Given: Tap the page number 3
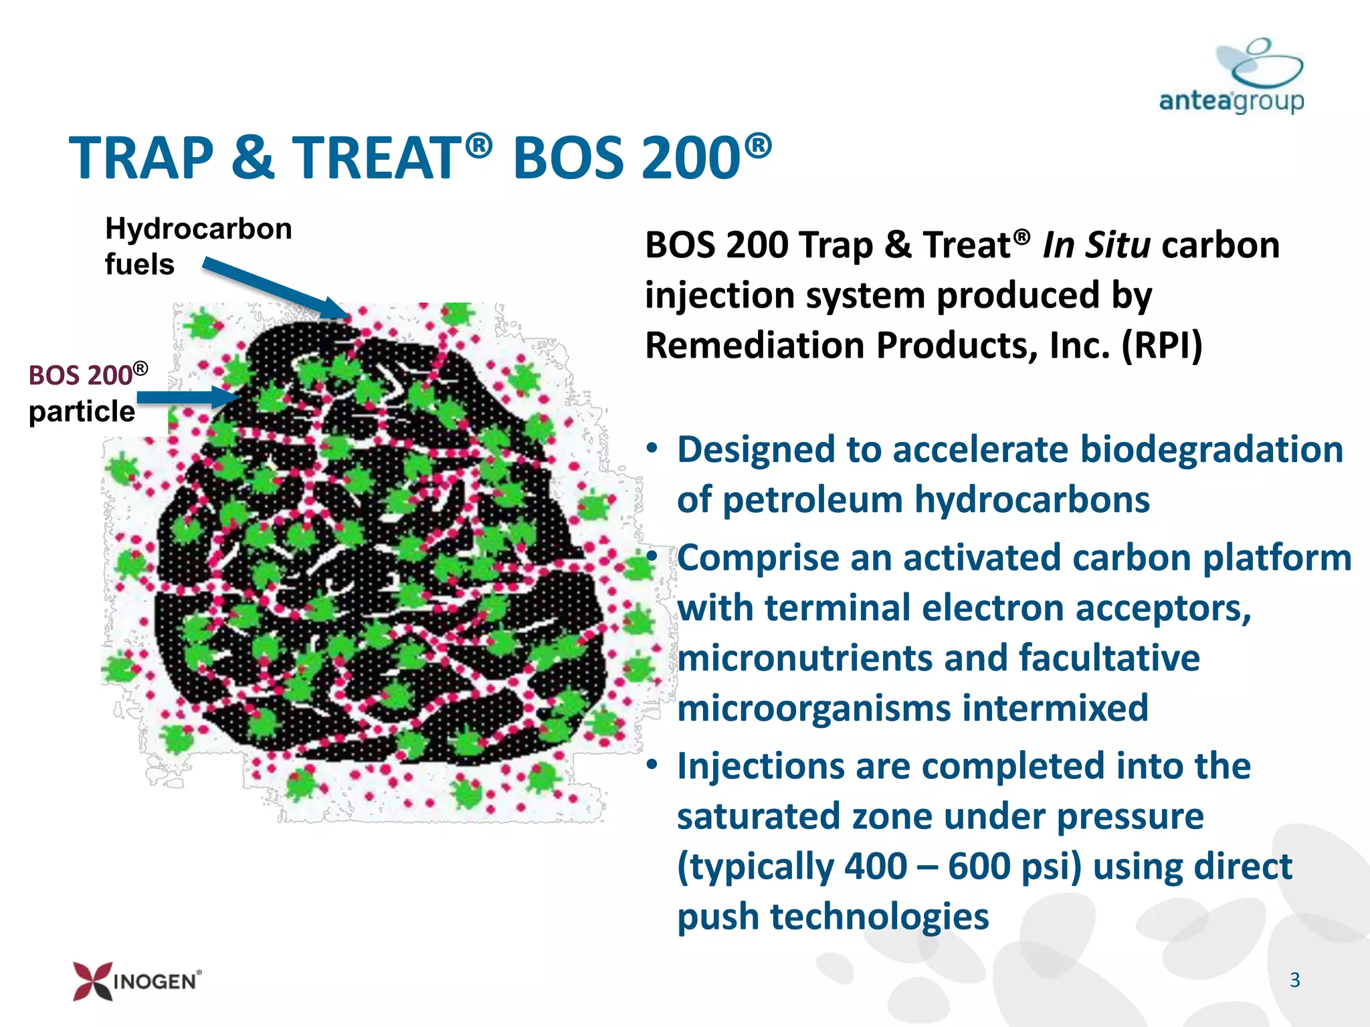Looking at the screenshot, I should click(x=1294, y=980).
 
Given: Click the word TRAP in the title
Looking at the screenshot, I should click(x=141, y=158).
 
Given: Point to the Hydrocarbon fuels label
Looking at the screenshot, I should click(x=198, y=246).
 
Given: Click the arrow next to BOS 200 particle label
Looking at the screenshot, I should click(x=188, y=397).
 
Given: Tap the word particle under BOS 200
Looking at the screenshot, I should click(x=82, y=411).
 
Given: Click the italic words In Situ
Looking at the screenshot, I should click(x=1096, y=245).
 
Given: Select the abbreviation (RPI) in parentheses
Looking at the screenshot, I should click(x=1162, y=345).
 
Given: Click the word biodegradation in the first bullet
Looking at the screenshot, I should click(x=1211, y=449).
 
